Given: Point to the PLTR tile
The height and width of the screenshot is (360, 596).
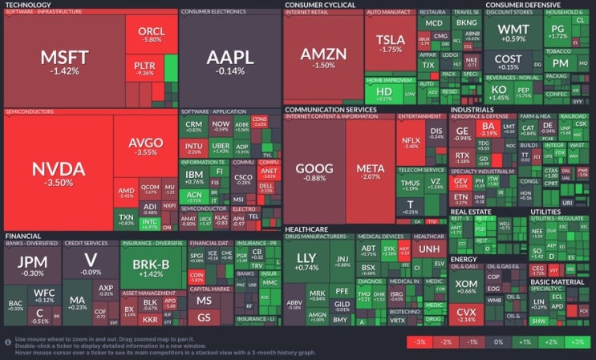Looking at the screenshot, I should click(145, 68).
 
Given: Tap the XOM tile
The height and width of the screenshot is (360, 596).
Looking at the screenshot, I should click(466, 287).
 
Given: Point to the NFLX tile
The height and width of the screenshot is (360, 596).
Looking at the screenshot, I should click(412, 142).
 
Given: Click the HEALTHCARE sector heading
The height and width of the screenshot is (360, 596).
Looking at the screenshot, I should click(308, 229).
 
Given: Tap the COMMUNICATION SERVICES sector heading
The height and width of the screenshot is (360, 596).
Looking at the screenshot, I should click(330, 109).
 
